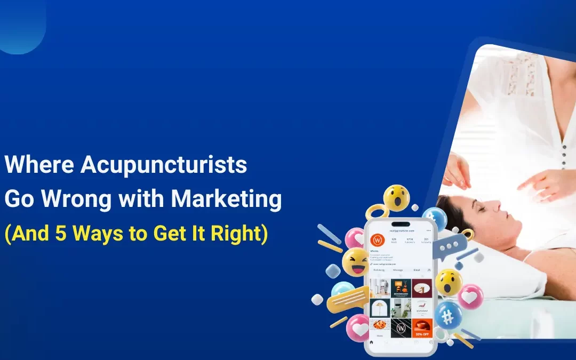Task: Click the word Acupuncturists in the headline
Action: coord(164,166)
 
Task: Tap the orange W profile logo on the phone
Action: coord(378,240)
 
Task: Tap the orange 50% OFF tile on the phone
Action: coord(422,327)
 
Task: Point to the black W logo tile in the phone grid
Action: coord(401,327)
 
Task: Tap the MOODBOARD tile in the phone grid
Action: coord(401,288)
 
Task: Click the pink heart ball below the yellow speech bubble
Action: coord(358,327)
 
